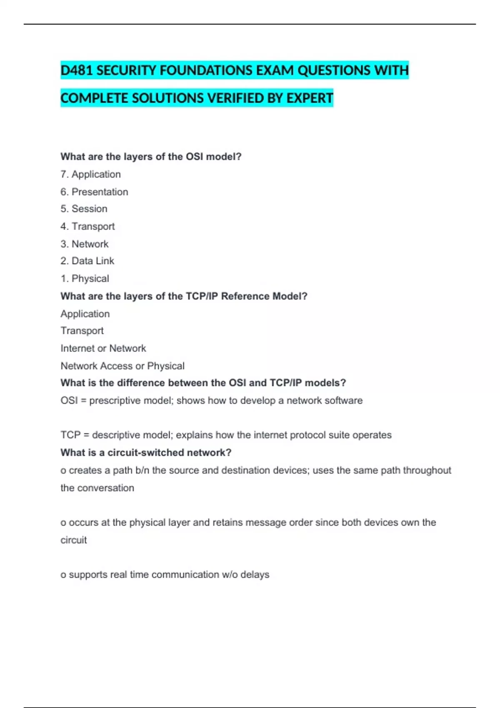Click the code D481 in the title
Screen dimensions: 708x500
point(76,70)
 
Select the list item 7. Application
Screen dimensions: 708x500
point(90,174)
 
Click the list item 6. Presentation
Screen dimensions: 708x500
point(94,192)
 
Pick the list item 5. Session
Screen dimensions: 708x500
point(84,209)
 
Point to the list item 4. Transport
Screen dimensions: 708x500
point(87,226)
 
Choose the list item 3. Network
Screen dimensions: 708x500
point(84,244)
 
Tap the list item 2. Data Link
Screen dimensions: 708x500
point(87,261)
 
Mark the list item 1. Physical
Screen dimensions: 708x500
point(85,278)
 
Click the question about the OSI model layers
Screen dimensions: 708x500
point(151,157)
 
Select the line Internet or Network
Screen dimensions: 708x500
point(103,348)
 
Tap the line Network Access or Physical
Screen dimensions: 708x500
point(122,366)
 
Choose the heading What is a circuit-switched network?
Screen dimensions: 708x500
point(146,453)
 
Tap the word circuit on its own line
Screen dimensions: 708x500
point(74,540)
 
